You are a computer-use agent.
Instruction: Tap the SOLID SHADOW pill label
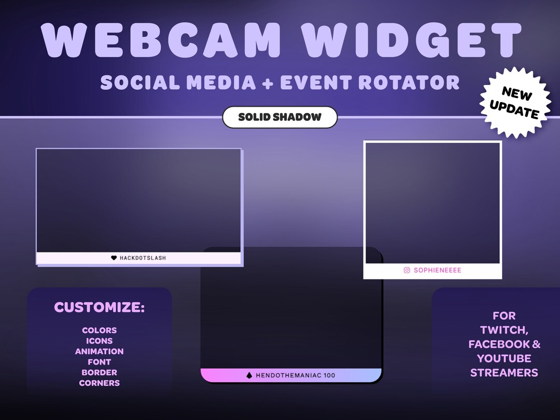280,117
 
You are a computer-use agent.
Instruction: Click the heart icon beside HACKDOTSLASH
114,258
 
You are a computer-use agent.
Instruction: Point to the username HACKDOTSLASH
143,258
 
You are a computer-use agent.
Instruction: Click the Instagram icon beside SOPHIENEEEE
407,270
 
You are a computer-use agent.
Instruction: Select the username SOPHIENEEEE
437,270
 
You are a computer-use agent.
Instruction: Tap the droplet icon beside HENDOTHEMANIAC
249,375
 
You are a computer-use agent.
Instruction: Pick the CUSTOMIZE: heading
99,307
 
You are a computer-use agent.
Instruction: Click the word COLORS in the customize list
99,330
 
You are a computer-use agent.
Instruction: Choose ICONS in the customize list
99,341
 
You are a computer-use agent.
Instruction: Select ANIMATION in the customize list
99,352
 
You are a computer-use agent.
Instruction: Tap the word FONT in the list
99,362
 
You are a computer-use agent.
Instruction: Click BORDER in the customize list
99,372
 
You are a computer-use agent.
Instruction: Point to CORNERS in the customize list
99,383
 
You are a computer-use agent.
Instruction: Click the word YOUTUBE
504,358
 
